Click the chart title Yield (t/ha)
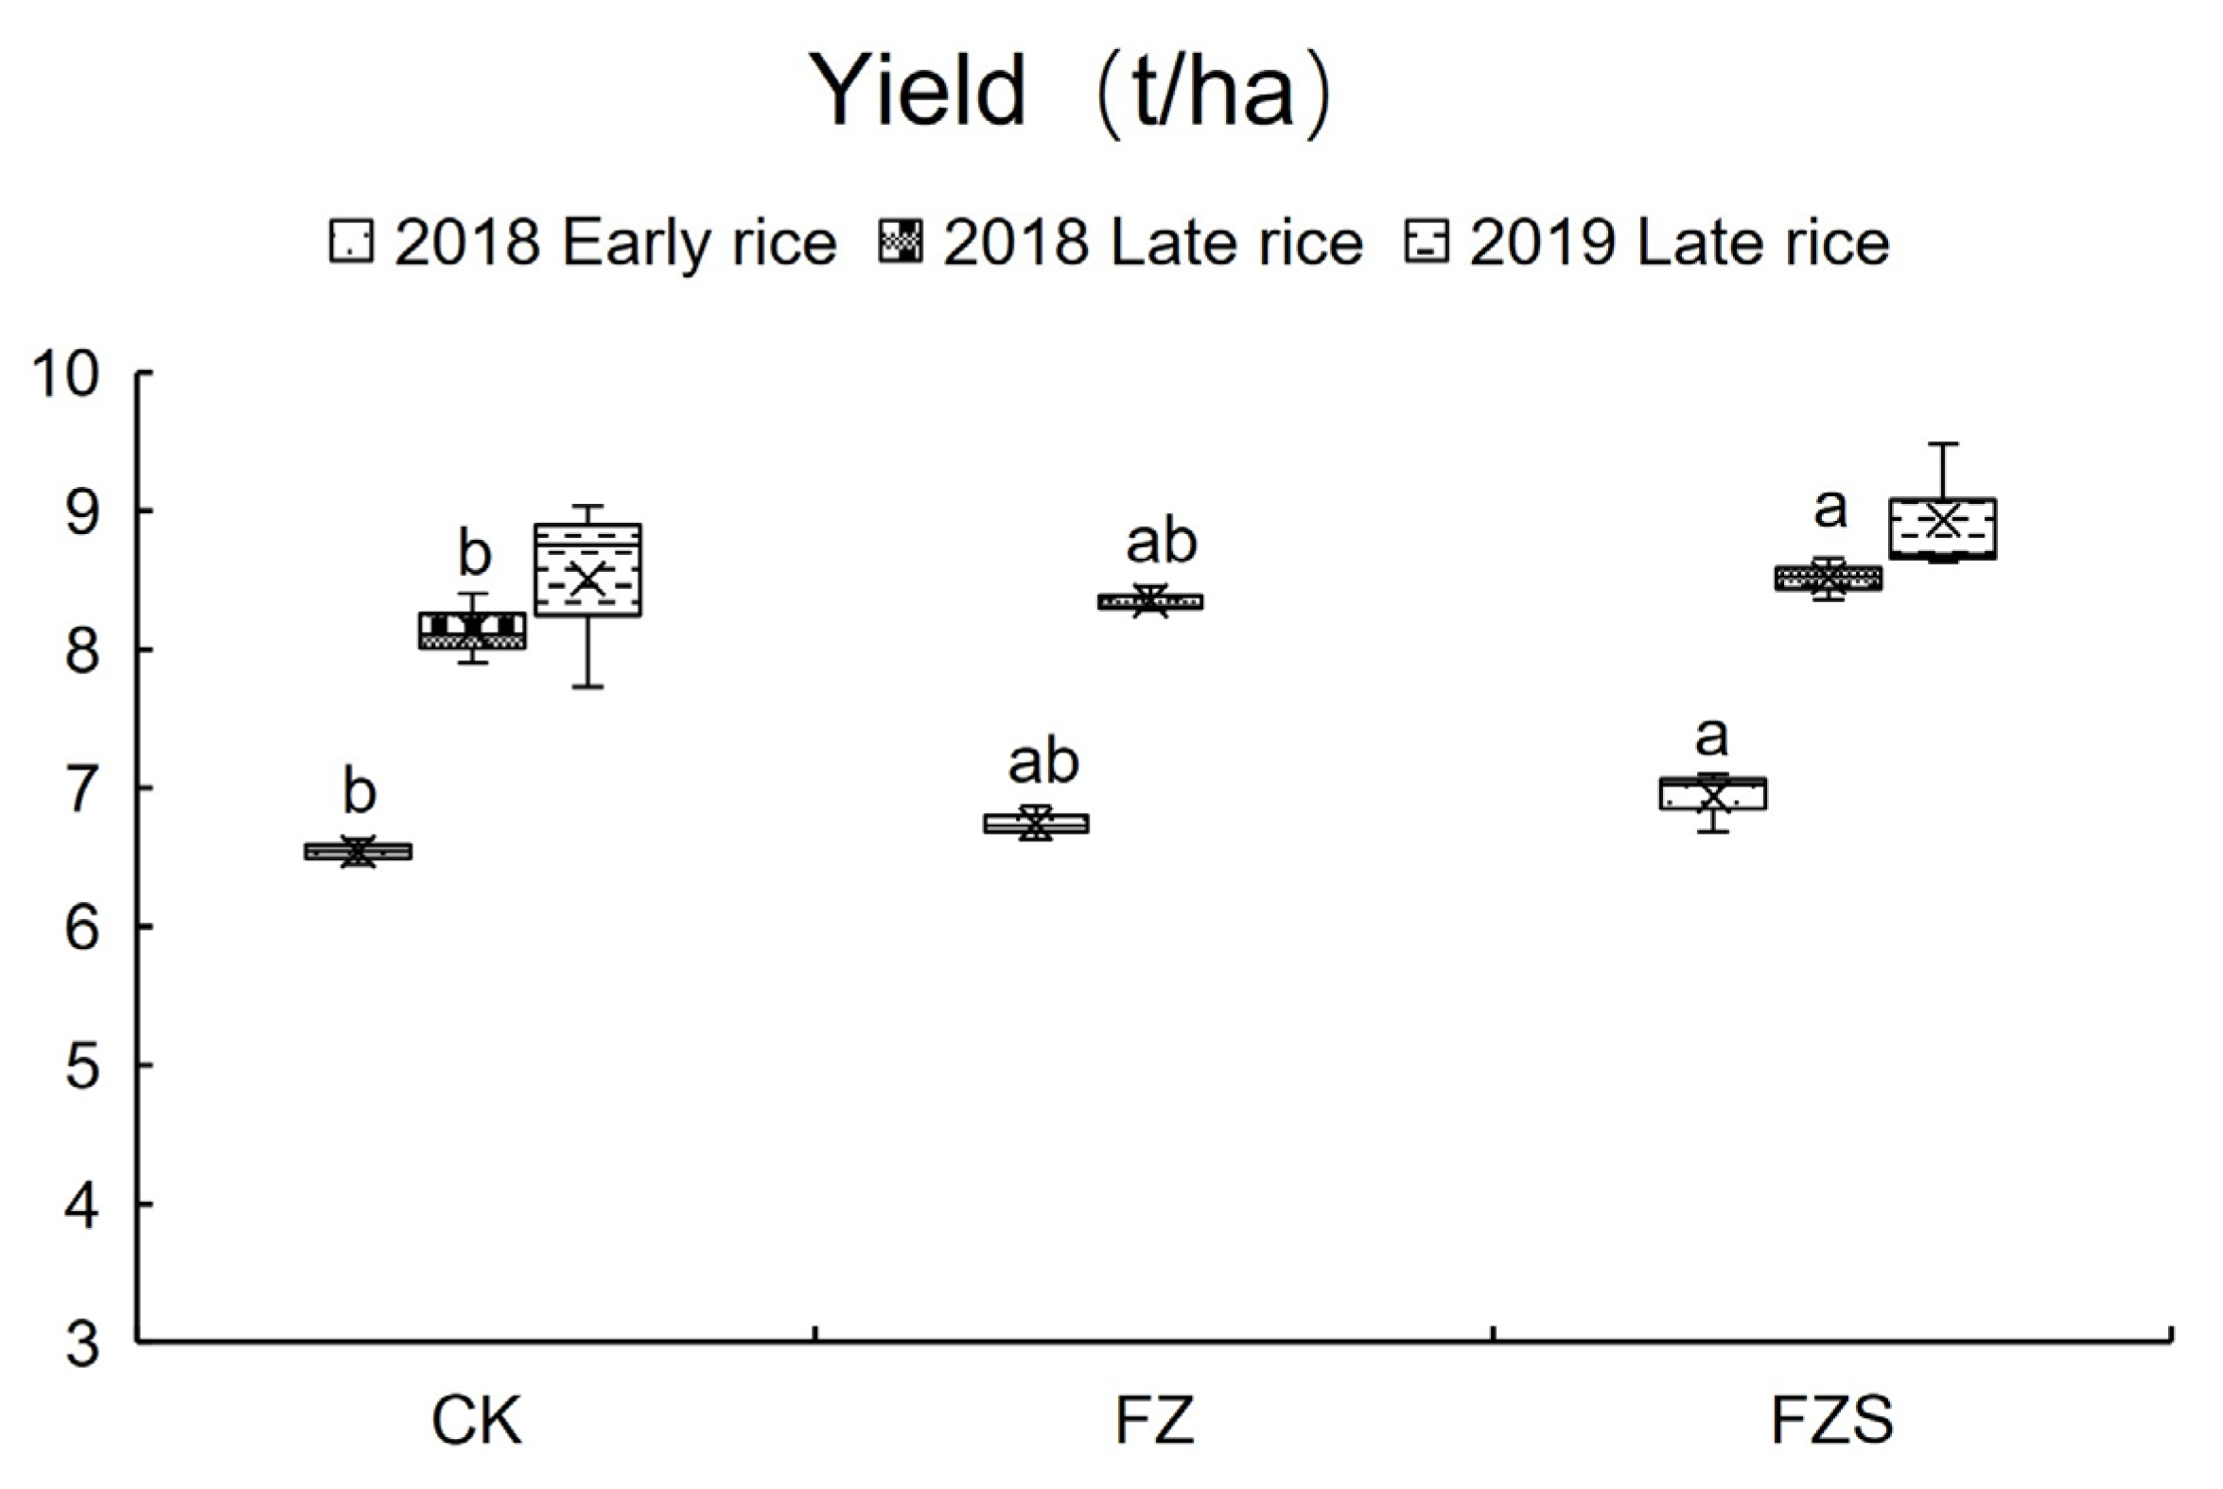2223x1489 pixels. (x=1070, y=92)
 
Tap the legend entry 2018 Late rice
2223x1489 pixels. (x=1121, y=243)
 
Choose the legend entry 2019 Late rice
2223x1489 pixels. (x=1647, y=243)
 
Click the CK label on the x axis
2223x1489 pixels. (x=476, y=1421)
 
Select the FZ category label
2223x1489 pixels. (x=1153, y=1421)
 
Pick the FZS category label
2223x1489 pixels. (x=1831, y=1421)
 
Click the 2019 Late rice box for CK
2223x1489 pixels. (x=587, y=570)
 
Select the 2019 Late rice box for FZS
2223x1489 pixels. (x=1942, y=528)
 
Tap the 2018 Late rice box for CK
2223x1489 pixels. (x=472, y=631)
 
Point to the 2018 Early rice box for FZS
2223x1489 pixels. (x=1713, y=793)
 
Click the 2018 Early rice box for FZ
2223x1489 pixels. (x=1036, y=823)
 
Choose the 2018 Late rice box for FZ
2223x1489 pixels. (x=1149, y=601)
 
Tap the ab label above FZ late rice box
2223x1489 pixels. (x=1161, y=542)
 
